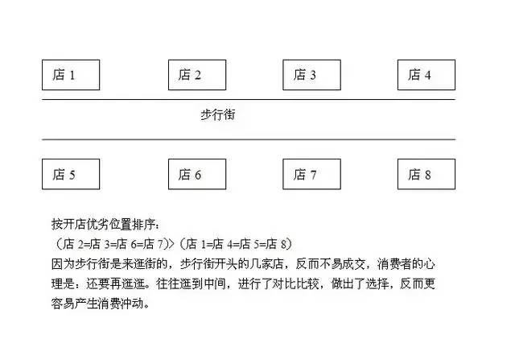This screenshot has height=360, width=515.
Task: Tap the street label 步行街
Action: point(218,114)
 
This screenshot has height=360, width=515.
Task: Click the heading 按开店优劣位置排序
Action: point(104,224)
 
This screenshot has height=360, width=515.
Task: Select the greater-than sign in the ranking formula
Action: point(171,244)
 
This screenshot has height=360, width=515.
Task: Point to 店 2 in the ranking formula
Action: point(73,244)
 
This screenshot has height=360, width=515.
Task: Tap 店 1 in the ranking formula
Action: point(196,244)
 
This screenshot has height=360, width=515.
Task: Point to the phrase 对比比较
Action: point(296,283)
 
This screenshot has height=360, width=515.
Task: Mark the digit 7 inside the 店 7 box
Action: point(313,175)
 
